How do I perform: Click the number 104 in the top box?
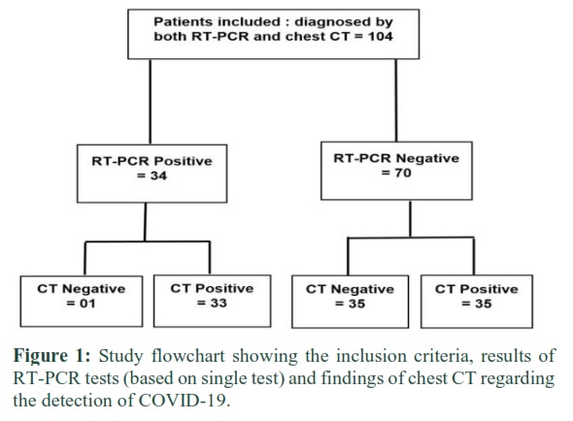click(381, 37)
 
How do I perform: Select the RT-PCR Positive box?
click(152, 174)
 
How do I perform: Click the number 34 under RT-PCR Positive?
click(158, 176)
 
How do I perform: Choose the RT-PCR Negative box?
click(396, 171)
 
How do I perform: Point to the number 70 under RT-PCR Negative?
click(403, 173)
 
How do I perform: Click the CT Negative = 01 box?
click(82, 302)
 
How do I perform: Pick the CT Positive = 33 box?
click(213, 301)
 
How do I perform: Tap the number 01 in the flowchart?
click(87, 304)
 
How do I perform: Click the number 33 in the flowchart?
click(219, 303)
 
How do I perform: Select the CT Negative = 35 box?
click(350, 302)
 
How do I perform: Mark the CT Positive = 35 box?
click(477, 302)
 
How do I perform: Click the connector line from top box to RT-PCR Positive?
click(151, 102)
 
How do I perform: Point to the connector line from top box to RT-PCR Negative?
click(396, 101)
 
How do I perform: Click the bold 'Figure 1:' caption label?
click(51, 356)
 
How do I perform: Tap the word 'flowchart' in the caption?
click(187, 356)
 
